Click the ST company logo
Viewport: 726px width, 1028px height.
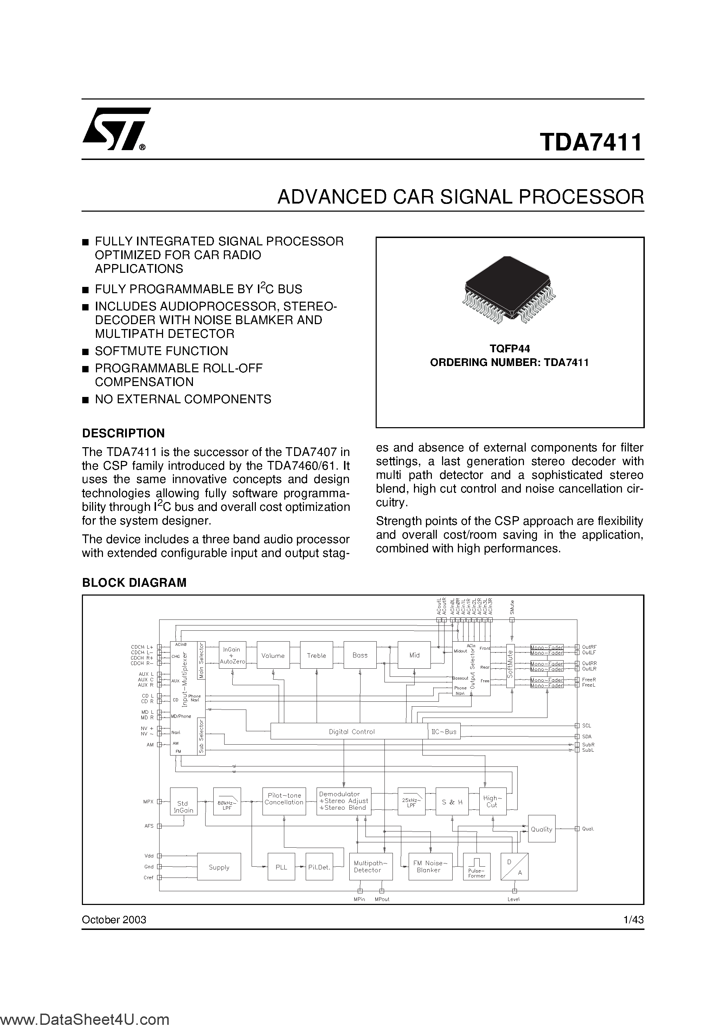coord(116,131)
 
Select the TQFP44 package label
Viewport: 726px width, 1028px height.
coord(510,348)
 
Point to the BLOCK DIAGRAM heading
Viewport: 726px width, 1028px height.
coord(134,583)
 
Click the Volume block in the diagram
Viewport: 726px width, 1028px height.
coord(273,655)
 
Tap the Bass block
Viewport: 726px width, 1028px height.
coord(360,655)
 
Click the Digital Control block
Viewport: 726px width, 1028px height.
coord(351,732)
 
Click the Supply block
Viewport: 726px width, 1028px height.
coord(219,867)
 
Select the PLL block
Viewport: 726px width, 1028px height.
coord(281,867)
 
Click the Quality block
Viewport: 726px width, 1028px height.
coord(542,829)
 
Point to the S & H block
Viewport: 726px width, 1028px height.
coord(452,802)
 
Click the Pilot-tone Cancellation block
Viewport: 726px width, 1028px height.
coord(284,799)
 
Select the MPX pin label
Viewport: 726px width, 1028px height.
coord(149,802)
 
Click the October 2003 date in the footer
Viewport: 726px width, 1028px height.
coord(114,920)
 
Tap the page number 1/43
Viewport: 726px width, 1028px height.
coord(633,920)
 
